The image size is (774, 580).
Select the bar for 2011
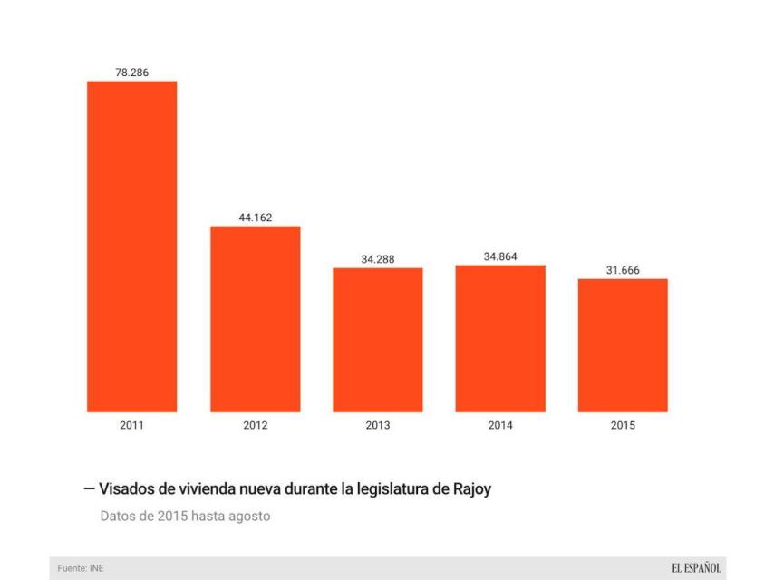pyautogui.click(x=131, y=246)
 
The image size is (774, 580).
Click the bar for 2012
pyautogui.click(x=256, y=319)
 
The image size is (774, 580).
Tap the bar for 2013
pyautogui.click(x=378, y=340)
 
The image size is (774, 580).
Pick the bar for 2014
pyautogui.click(x=500, y=339)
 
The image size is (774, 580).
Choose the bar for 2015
pyautogui.click(x=623, y=345)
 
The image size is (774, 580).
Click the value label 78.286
pyautogui.click(x=131, y=72)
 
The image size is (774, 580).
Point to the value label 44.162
pyautogui.click(x=256, y=217)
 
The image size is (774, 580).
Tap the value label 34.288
pyautogui.click(x=378, y=259)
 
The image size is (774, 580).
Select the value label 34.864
pyautogui.click(x=500, y=256)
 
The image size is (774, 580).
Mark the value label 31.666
pyautogui.click(x=623, y=270)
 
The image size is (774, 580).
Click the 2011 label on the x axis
pyautogui.click(x=131, y=426)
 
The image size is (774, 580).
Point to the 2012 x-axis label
pyautogui.click(x=256, y=426)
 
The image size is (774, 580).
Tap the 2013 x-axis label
pyautogui.click(x=378, y=426)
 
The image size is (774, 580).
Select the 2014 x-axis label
pyautogui.click(x=500, y=426)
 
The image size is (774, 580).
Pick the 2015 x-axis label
pyautogui.click(x=623, y=426)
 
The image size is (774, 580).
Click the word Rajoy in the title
pyautogui.click(x=471, y=489)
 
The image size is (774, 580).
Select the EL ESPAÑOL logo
pyautogui.click(x=696, y=568)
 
